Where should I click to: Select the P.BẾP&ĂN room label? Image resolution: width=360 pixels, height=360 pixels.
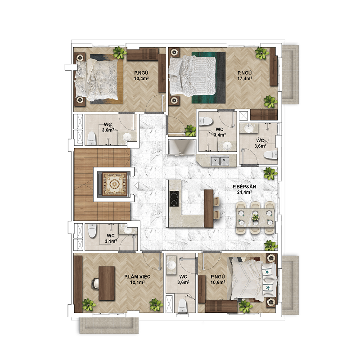tap(244, 187)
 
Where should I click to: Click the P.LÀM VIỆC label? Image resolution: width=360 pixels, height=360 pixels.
tap(137, 277)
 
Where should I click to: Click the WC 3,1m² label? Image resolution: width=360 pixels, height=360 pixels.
tap(111, 238)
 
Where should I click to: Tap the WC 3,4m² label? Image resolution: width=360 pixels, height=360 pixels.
tap(220, 132)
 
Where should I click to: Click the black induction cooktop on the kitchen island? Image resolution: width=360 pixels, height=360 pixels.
tap(174, 198)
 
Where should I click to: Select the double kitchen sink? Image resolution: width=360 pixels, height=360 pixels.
tap(220, 161)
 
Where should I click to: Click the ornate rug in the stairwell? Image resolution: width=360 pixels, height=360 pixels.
tap(114, 184)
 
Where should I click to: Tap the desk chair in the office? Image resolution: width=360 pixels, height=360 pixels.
tap(95, 283)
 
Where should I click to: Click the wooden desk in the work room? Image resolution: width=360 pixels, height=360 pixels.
tap(107, 283)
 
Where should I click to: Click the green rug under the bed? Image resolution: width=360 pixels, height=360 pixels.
tap(208, 78)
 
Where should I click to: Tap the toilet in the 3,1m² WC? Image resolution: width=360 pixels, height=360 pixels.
tap(92, 231)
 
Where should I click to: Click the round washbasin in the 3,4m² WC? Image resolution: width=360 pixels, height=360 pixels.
tap(227, 145)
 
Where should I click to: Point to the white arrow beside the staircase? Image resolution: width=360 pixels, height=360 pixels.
tap(137, 185)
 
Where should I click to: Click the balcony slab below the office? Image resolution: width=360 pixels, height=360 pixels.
tap(109, 325)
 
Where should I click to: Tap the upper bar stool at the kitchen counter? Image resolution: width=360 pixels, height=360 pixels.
tap(216, 201)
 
